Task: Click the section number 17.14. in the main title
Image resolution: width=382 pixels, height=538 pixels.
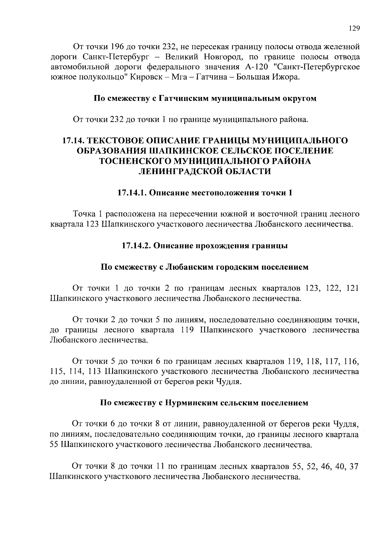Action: coord(73,141)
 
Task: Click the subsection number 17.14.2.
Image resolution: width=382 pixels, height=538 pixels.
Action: coord(136,246)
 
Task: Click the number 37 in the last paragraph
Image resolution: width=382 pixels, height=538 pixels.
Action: coord(354,466)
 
